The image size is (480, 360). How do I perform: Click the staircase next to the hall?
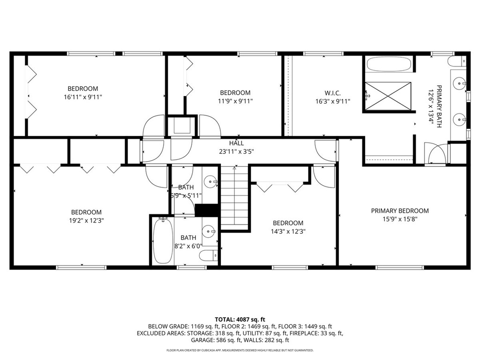(234, 197)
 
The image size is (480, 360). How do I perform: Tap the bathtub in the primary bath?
(389, 64)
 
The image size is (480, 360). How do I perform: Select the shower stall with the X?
(388, 96)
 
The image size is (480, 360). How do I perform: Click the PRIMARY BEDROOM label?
(400, 211)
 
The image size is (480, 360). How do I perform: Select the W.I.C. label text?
(332, 93)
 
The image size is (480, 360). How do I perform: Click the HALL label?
(236, 143)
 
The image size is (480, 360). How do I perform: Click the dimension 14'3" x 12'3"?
(288, 231)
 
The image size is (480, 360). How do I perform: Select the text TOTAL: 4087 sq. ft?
(240, 318)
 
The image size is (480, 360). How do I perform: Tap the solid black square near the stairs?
(207, 210)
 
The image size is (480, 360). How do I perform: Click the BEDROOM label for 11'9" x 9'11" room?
(235, 93)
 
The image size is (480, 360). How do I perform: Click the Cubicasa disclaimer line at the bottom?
(240, 350)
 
